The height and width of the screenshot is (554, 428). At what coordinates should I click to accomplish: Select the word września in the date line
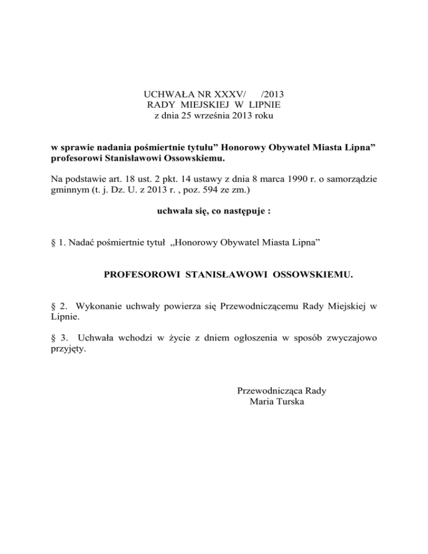pyautogui.click(x=210, y=116)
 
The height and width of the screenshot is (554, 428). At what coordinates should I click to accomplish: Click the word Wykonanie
pyautogui.click(x=97, y=306)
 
